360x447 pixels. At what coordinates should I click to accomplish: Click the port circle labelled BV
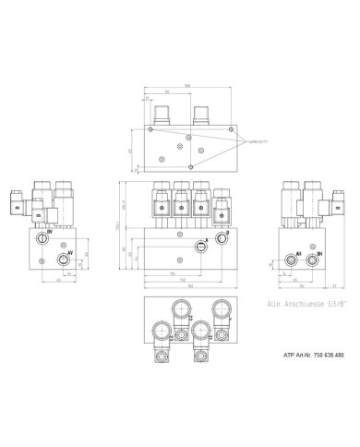point(42,238)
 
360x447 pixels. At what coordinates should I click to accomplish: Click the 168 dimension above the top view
point(187,87)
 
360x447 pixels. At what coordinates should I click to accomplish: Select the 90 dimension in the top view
point(168,93)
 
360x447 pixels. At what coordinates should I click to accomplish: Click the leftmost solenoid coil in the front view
point(157,203)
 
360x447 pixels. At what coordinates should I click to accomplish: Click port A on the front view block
point(202,248)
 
